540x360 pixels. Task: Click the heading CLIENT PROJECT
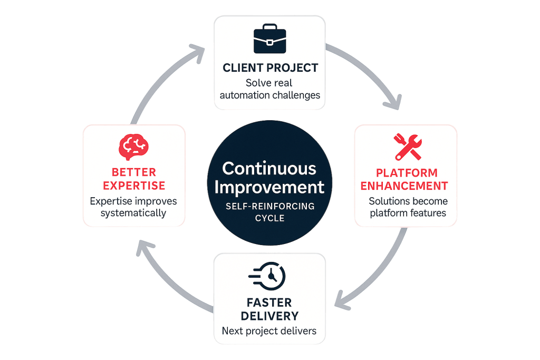(x=270, y=68)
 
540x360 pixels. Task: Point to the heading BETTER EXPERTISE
(x=134, y=179)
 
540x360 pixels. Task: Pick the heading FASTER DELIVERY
(x=269, y=309)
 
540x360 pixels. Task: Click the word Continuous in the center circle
(x=269, y=168)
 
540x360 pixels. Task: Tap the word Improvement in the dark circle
(x=269, y=187)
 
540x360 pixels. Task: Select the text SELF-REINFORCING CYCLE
(x=269, y=212)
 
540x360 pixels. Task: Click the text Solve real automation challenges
(x=269, y=89)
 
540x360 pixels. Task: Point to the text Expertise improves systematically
(x=133, y=207)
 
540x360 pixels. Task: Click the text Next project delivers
(x=269, y=331)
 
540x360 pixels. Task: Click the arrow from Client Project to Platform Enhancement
(x=369, y=74)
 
